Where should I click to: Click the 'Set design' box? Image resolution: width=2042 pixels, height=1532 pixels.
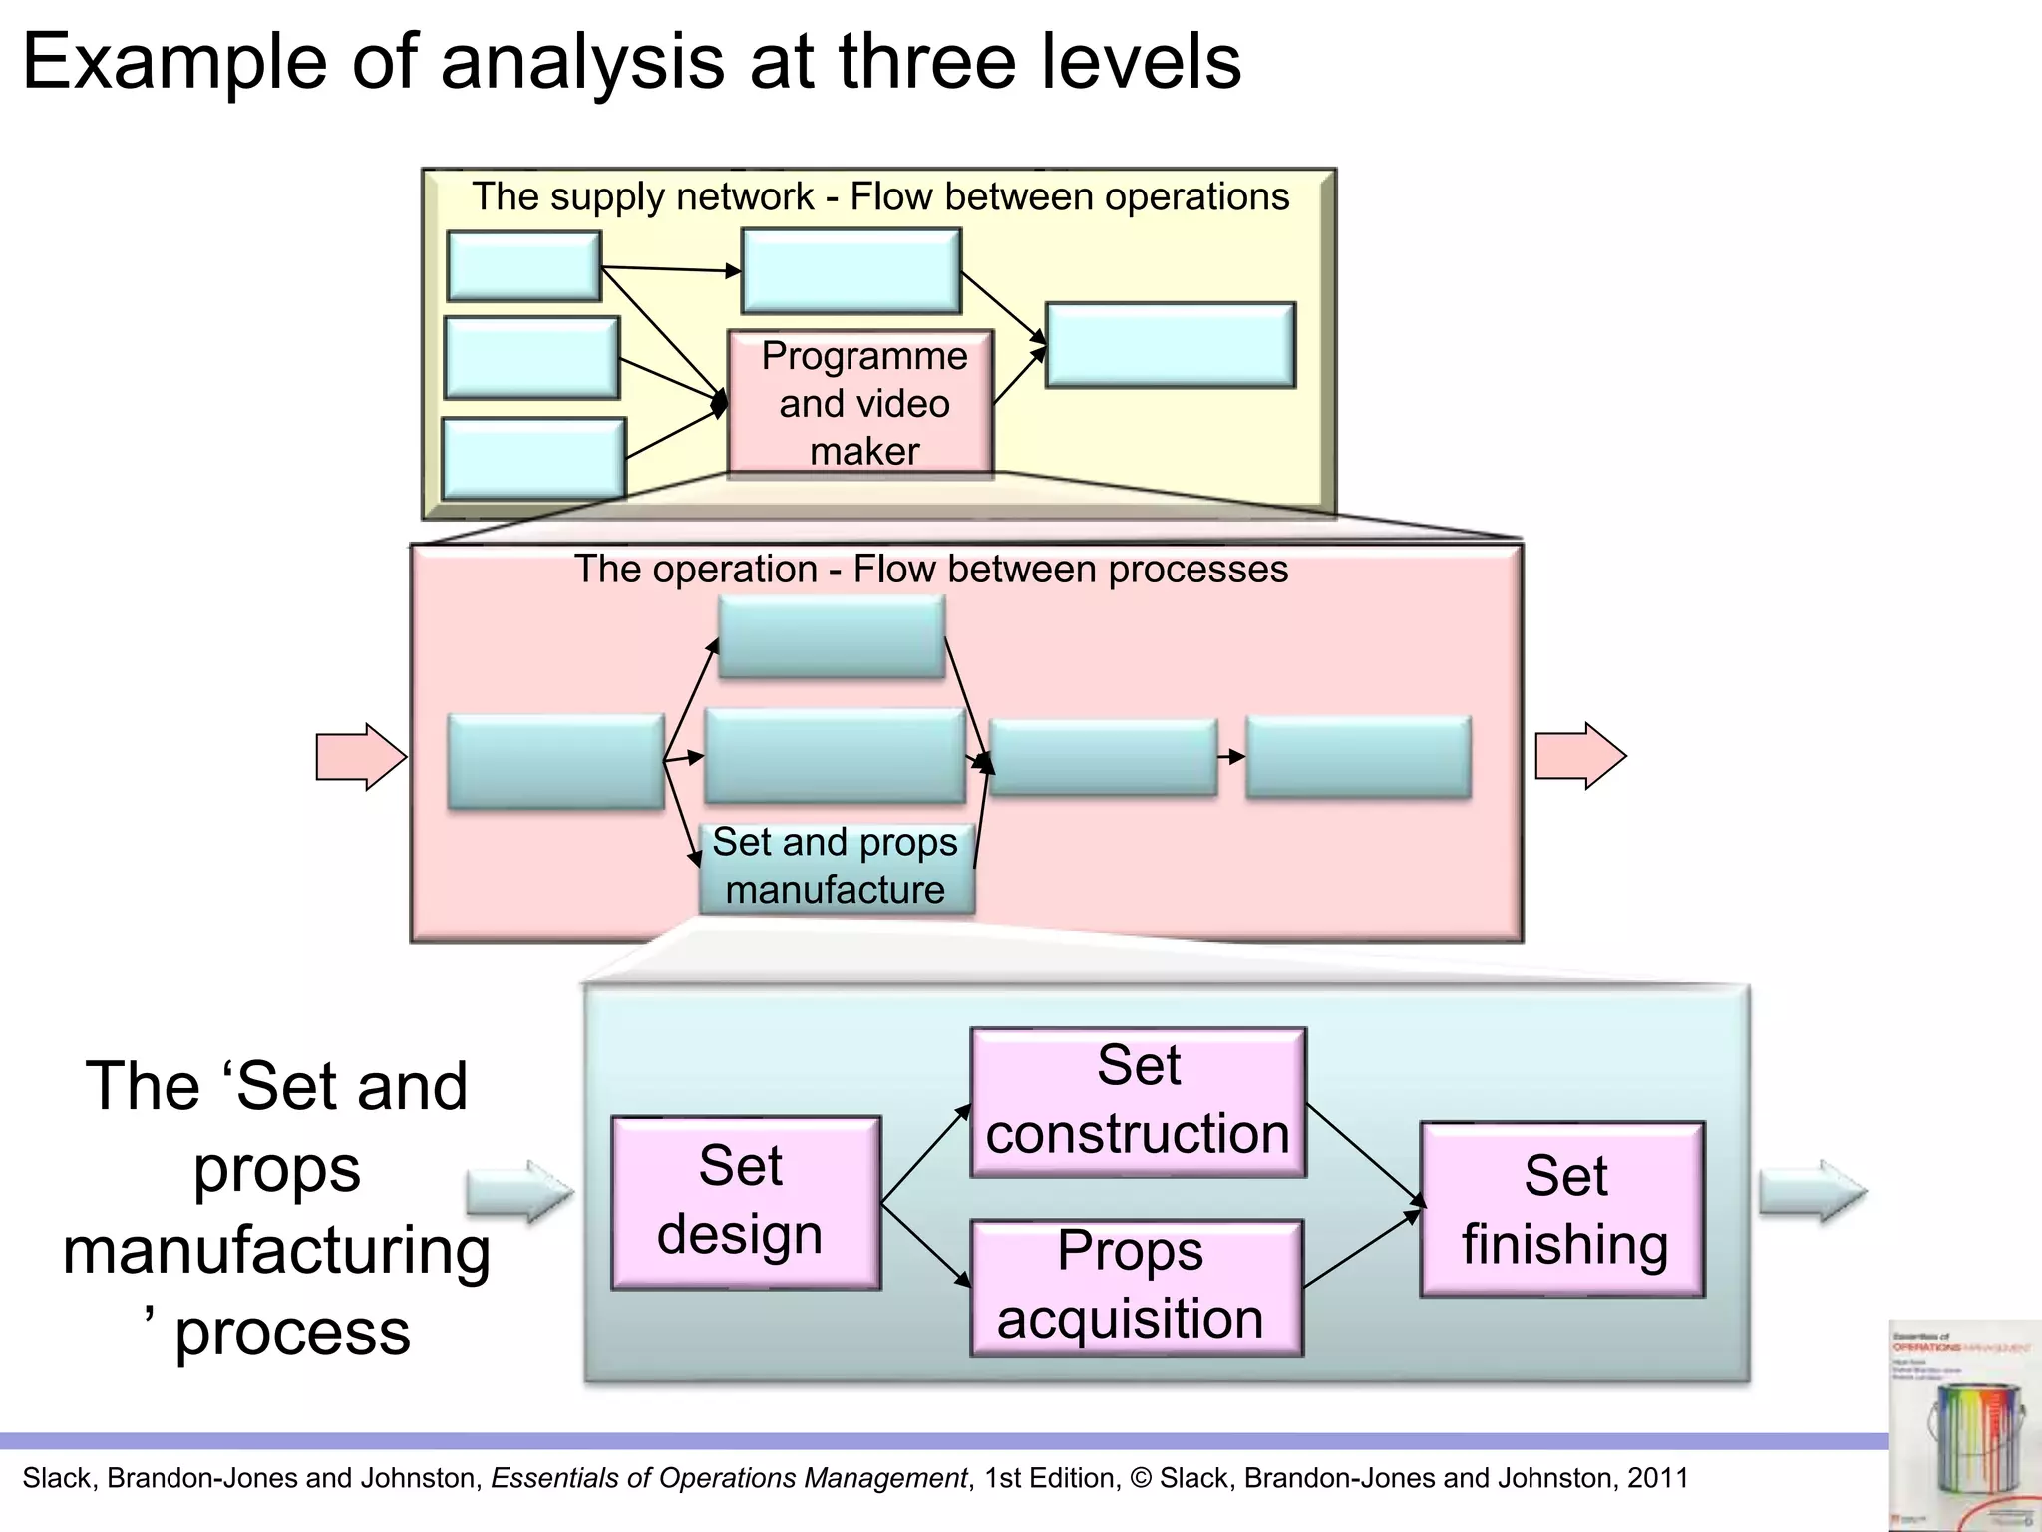(x=746, y=1202)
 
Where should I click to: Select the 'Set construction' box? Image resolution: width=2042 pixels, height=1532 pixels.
(x=1138, y=1102)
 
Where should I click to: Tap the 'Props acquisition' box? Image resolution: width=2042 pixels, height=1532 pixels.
(x=1136, y=1287)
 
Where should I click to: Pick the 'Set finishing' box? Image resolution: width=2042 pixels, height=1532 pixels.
(x=1562, y=1209)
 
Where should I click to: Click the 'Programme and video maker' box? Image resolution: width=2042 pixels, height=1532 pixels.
(x=861, y=402)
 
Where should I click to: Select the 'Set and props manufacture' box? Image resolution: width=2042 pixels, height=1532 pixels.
(x=836, y=866)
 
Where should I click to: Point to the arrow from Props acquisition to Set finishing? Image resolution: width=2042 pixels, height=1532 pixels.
(x=1362, y=1249)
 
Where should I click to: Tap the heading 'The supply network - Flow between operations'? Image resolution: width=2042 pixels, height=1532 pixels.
(x=880, y=196)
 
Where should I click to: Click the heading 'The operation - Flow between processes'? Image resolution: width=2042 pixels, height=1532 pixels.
(x=931, y=570)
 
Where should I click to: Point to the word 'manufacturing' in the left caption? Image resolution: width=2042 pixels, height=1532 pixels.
(x=276, y=1251)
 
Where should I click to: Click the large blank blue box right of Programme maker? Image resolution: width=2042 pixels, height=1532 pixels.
(x=1170, y=345)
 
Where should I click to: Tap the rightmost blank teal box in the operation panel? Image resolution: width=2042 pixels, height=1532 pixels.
(x=1358, y=756)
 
